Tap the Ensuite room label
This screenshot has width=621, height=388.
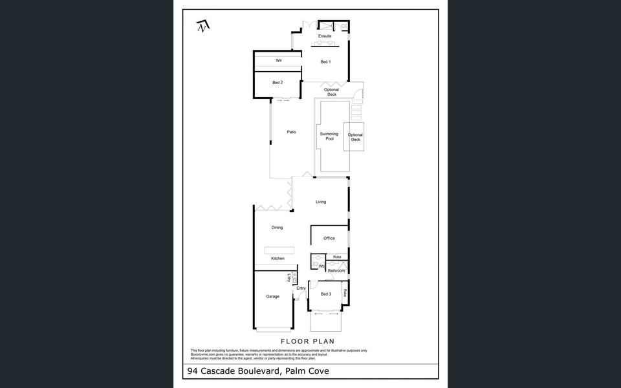pyautogui.click(x=325, y=36)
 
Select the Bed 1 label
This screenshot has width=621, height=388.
pyautogui.click(x=325, y=62)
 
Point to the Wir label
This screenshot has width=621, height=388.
pyautogui.click(x=279, y=60)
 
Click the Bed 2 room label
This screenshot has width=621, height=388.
pyautogui.click(x=277, y=83)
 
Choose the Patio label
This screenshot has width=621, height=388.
pyautogui.click(x=292, y=133)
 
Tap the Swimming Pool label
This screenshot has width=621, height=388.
pyautogui.click(x=329, y=136)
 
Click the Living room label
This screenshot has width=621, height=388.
pyautogui.click(x=321, y=202)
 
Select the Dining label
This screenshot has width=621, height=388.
pyautogui.click(x=277, y=228)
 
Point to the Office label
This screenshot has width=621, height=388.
pyautogui.click(x=329, y=239)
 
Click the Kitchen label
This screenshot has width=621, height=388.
pyautogui.click(x=278, y=259)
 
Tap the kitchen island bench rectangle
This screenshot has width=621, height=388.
pyautogui.click(x=279, y=250)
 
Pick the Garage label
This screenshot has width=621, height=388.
pyautogui.click(x=273, y=297)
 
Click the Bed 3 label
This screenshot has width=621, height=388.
pyautogui.click(x=326, y=294)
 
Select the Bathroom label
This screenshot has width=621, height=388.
pyautogui.click(x=336, y=270)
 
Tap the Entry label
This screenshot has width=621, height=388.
pyautogui.click(x=301, y=288)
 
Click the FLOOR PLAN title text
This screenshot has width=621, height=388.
pyautogui.click(x=307, y=341)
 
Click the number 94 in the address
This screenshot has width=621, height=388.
pyautogui.click(x=192, y=371)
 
